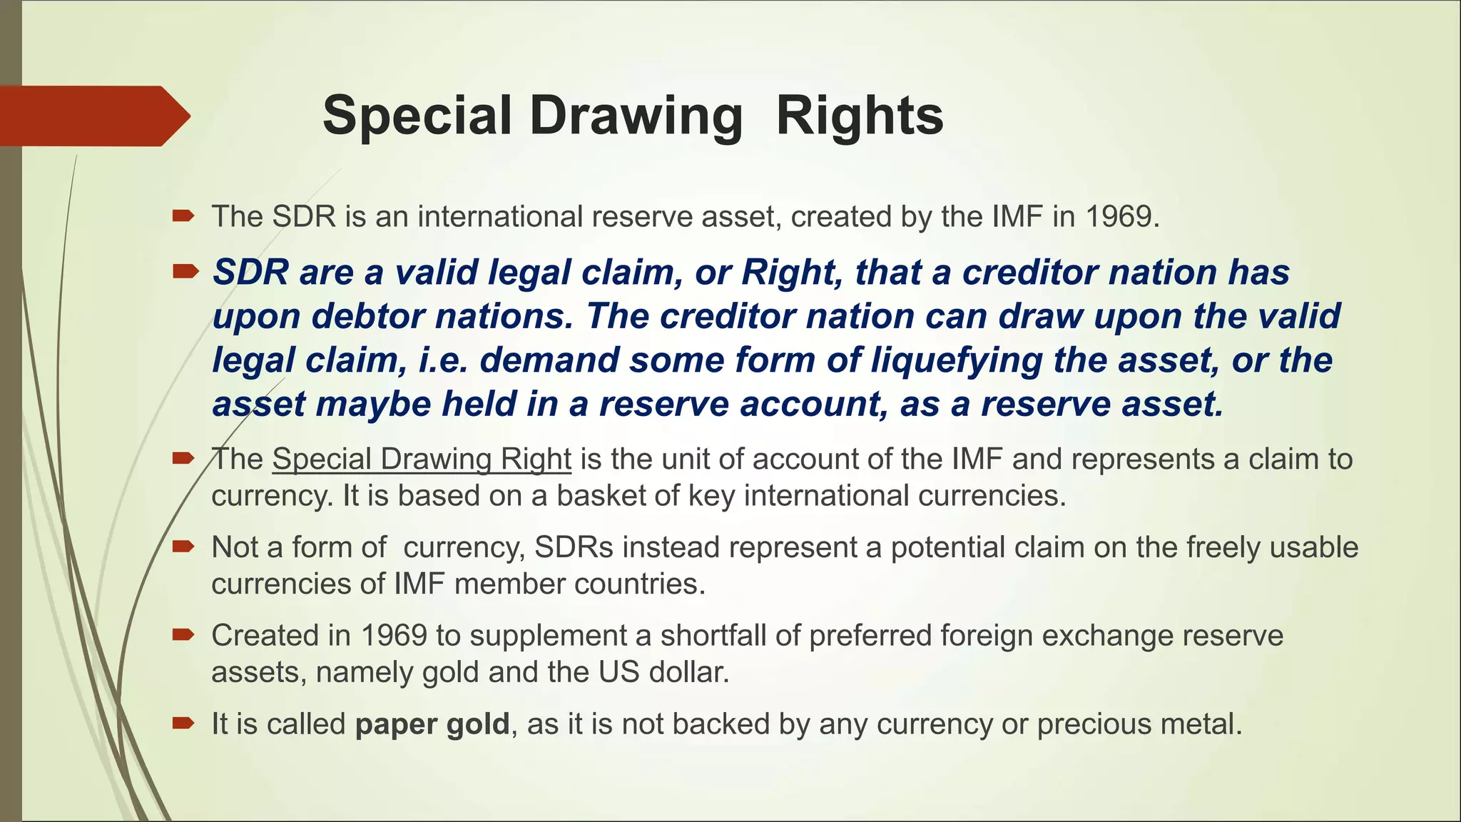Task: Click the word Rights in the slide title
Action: (860, 116)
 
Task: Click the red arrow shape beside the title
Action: (93, 116)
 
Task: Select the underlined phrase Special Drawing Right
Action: (422, 460)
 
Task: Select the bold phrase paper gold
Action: (432, 724)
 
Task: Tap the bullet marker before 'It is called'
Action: (183, 724)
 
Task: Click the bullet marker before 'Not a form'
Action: (183, 547)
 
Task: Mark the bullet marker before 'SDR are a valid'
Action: (185, 271)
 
